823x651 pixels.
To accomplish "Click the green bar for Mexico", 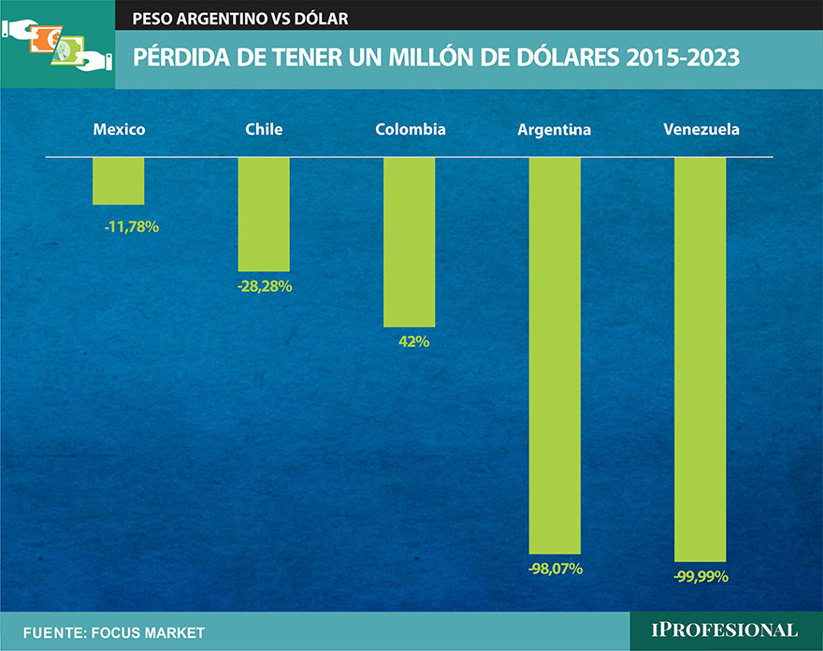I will pos(119,181).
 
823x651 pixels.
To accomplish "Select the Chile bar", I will pos(264,214).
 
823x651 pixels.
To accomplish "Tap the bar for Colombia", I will pos(410,241).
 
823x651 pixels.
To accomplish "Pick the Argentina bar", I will pos(555,355).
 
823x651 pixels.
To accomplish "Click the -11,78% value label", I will pos(131,225).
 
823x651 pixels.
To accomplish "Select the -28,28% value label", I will pos(265,286).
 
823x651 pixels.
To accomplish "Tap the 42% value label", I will pos(413,341).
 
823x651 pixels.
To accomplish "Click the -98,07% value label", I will pos(555,568).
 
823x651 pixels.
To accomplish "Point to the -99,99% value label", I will pos(700,576).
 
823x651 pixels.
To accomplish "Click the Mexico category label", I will pos(119,129).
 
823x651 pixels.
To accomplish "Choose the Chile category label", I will pos(264,129).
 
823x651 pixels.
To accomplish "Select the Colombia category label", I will pos(410,129).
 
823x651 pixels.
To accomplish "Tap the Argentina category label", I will pos(555,130).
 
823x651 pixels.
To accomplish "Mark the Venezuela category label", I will pos(700,129).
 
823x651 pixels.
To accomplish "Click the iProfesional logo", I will pos(726,631).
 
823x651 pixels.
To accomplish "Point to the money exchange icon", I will pos(58,46).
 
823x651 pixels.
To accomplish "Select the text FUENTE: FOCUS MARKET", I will pos(113,633).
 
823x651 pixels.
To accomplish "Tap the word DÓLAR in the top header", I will pos(322,19).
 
